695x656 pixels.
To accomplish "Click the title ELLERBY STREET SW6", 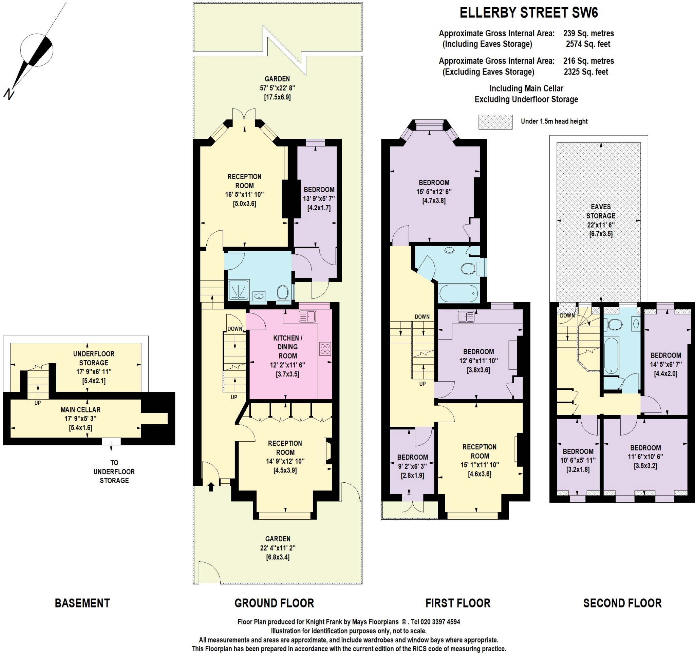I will coord(528,13).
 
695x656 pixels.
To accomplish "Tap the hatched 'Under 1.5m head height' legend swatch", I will coord(495,122).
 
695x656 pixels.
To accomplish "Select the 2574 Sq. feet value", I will coord(588,44).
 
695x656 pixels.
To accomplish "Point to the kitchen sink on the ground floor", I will coord(307,316).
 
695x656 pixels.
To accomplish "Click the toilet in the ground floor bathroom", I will coord(283,292).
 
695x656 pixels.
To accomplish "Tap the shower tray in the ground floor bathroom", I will coord(239,290).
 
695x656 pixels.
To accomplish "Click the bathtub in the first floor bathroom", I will coord(458,293).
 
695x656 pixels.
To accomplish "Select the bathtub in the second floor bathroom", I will coord(612,355).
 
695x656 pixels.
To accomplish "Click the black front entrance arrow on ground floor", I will coord(211,487).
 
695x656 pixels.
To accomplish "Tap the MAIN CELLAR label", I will coord(80,409).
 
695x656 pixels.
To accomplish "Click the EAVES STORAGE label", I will coord(601,211).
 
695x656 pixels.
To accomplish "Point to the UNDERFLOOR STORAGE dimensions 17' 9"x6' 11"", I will coord(94,372).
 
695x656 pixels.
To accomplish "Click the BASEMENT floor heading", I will coord(82,603).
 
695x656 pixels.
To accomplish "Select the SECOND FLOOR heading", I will coord(622,603).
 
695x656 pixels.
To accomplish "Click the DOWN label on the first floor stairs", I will coord(422,317).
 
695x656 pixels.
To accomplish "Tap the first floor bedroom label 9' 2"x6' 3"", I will coord(412,466).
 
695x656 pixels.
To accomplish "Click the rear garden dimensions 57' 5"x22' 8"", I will coord(277,88).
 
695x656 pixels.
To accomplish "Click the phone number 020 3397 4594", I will coord(440,622).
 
